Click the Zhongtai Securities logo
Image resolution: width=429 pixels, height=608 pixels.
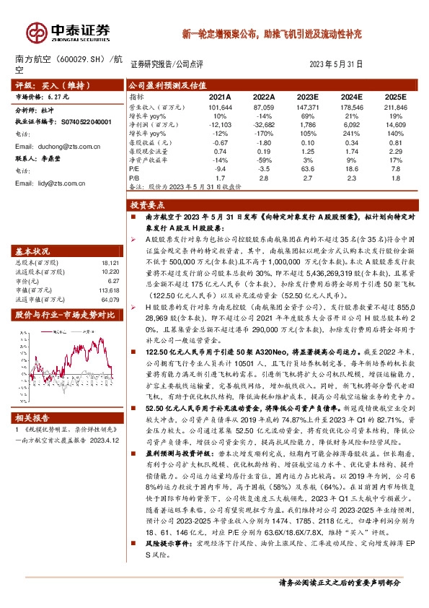pyautogui.click(x=68, y=31)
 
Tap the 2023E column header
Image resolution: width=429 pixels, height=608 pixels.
pyautogui.click(x=308, y=96)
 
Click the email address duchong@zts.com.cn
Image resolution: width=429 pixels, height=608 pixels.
pyautogui.click(x=59, y=146)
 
